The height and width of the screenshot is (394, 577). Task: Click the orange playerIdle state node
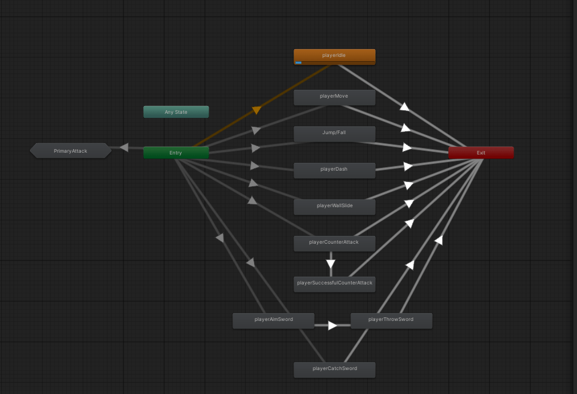click(x=334, y=56)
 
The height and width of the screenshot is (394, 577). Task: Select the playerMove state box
click(x=334, y=96)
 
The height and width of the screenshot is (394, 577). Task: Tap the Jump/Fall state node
click(x=334, y=133)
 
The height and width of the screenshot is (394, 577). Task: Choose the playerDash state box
click(x=334, y=169)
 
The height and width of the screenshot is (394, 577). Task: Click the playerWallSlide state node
click(x=334, y=206)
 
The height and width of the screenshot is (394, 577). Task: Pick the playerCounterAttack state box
click(x=334, y=243)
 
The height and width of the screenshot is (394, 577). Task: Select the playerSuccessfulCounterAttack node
click(x=334, y=283)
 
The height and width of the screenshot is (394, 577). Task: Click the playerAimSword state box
click(x=273, y=320)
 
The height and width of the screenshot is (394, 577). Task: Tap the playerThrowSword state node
click(x=391, y=320)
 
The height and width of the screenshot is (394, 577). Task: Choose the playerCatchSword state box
click(x=334, y=369)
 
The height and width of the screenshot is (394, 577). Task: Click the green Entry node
click(x=176, y=153)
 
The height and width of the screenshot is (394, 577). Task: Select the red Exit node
click(x=481, y=153)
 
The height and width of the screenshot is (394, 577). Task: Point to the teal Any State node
click(x=176, y=113)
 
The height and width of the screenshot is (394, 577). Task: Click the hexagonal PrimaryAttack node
click(x=71, y=151)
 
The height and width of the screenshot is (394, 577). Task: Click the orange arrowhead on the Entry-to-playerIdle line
click(x=256, y=110)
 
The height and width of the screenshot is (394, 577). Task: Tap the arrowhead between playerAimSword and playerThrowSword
click(x=332, y=325)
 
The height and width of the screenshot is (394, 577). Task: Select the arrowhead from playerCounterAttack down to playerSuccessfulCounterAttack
click(x=331, y=263)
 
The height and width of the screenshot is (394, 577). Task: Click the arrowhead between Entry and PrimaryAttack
click(x=124, y=147)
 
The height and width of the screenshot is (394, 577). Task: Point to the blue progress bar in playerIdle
click(x=298, y=62)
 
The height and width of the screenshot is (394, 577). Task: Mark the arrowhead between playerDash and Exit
click(x=408, y=166)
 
